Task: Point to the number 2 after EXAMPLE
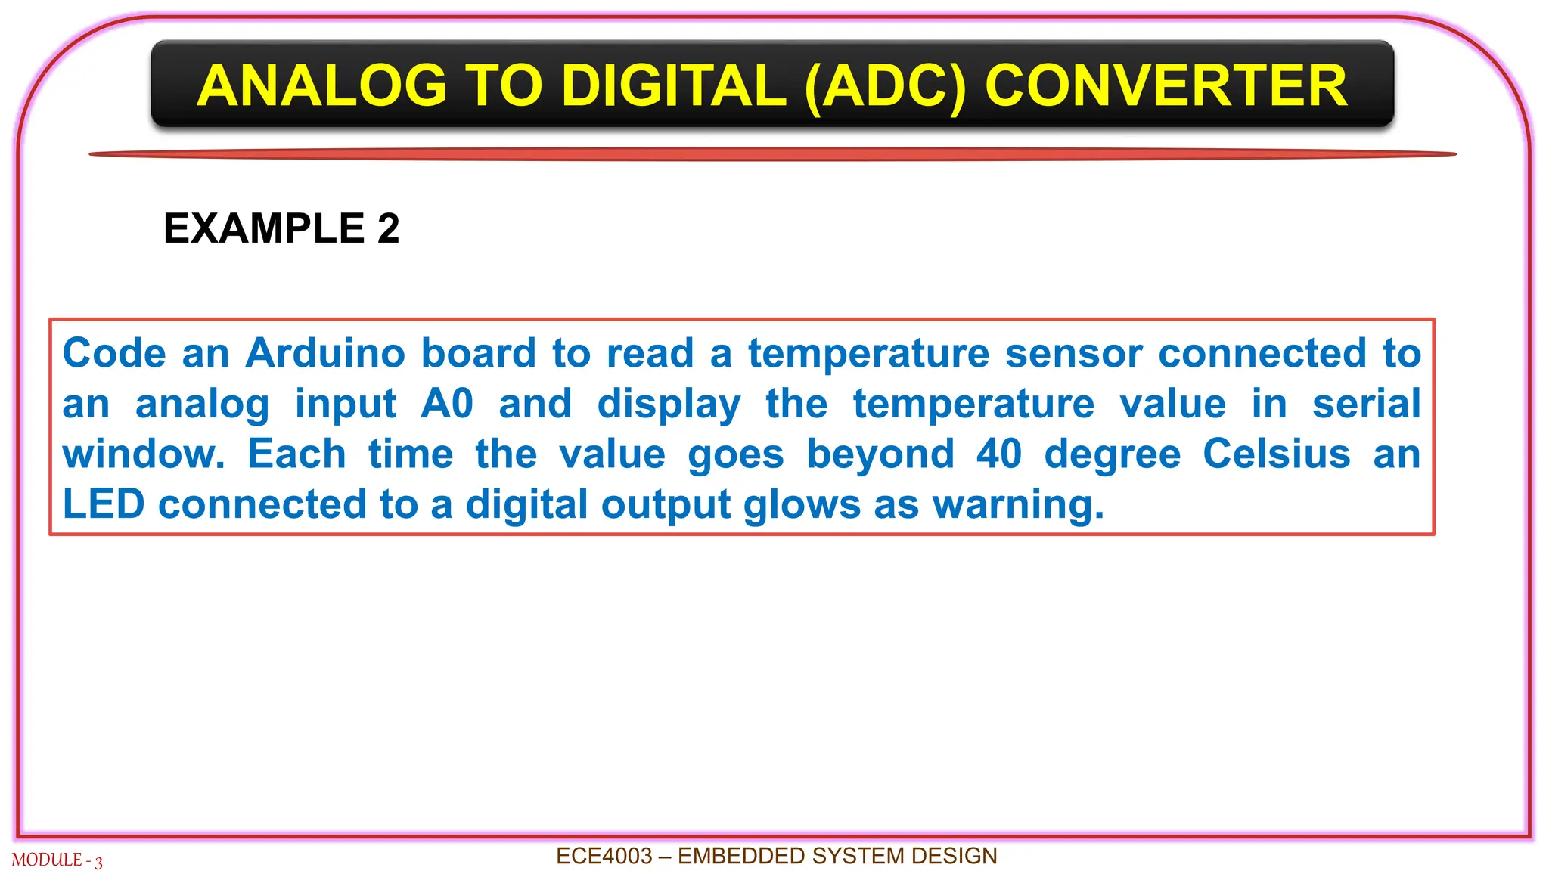pos(388,228)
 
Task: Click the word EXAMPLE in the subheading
pos(264,228)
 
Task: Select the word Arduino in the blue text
pos(326,353)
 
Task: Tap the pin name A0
pos(446,403)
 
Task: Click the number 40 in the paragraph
pos(998,454)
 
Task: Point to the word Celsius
pos(1276,454)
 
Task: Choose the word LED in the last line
pos(103,504)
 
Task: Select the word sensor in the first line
pos(1073,353)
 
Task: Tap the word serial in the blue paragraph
pos(1366,403)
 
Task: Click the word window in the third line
pos(142,454)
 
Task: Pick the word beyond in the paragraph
pos(880,454)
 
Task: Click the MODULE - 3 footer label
pos(57,860)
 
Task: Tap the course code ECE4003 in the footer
pos(604,856)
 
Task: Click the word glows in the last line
pos(802,504)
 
